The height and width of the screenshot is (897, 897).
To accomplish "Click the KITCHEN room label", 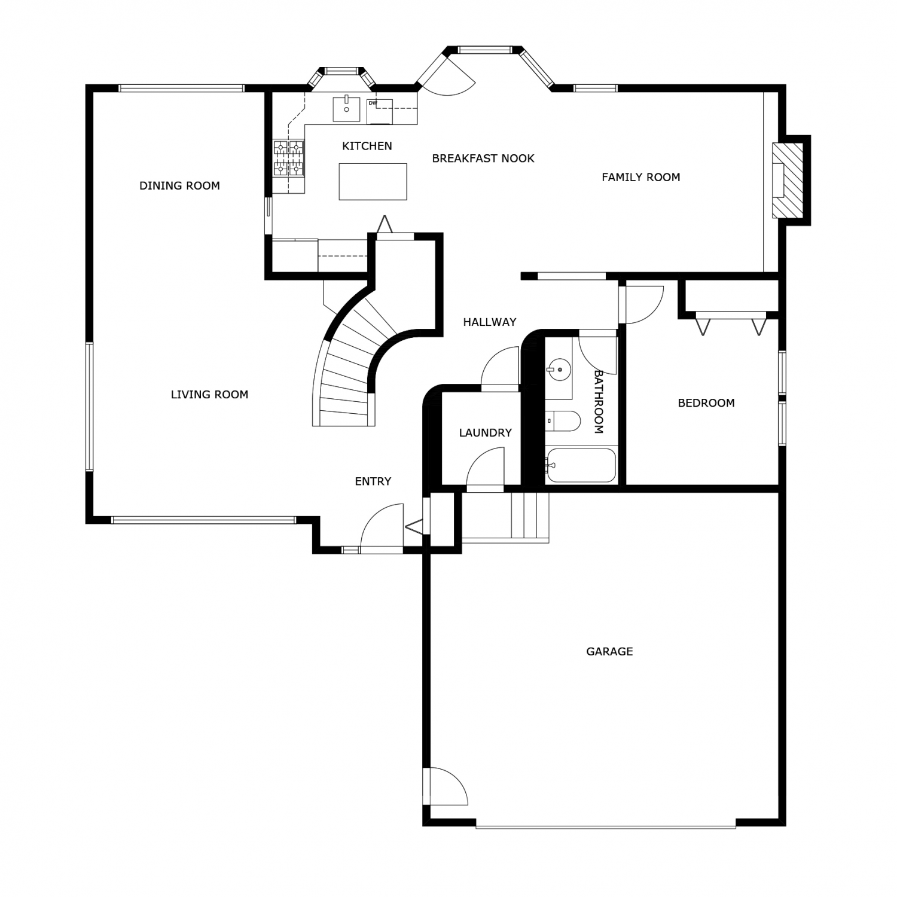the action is (x=367, y=146).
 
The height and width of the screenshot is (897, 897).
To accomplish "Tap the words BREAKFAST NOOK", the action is (x=483, y=158).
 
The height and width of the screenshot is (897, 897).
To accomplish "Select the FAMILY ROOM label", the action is (x=641, y=177).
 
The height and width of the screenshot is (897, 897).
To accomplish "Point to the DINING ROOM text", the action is (x=179, y=186).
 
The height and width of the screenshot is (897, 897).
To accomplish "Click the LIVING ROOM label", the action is (x=209, y=395).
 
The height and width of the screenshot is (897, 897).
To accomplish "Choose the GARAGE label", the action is (x=609, y=651).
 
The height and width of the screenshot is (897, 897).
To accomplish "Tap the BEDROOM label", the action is (x=706, y=403).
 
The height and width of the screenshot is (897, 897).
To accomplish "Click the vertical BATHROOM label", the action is (x=599, y=401).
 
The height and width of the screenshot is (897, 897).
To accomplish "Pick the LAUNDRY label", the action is (x=486, y=432).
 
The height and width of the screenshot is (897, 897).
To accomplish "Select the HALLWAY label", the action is (x=490, y=322).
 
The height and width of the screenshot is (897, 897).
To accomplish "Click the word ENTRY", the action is (x=373, y=481).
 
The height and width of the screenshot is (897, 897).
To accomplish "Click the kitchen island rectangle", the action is (x=373, y=181).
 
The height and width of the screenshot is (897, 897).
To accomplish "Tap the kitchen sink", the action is (x=347, y=108).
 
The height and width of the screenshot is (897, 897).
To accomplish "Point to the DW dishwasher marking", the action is (x=373, y=103).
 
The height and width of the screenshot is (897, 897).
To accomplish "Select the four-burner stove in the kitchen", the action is (x=288, y=158).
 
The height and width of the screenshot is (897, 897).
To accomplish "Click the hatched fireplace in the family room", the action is (x=788, y=181).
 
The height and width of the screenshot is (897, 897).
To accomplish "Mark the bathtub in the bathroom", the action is (x=581, y=465).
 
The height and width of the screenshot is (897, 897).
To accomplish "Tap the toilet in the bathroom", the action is (x=563, y=421).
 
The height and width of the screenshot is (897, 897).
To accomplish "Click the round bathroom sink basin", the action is (x=560, y=370).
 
